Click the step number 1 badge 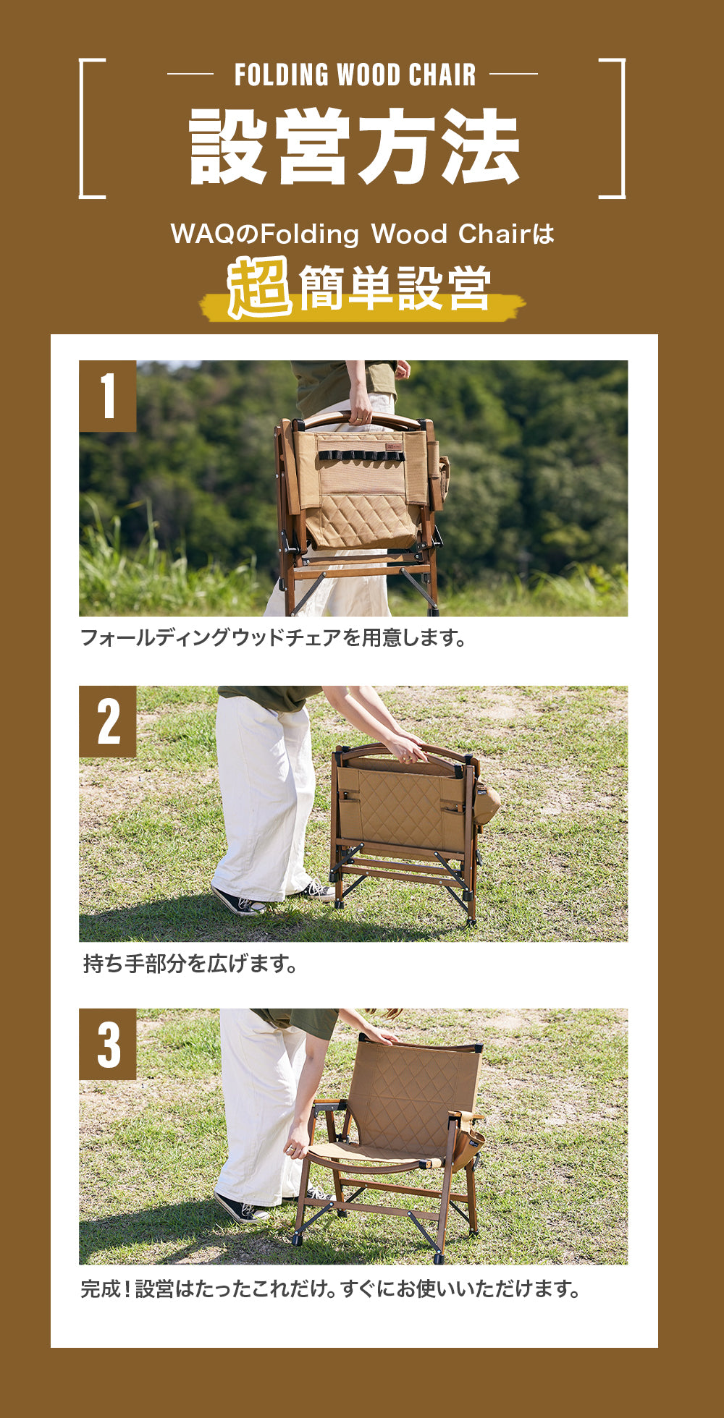point(108,396)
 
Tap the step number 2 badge point(108,721)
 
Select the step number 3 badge point(108,1044)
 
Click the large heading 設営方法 point(354,147)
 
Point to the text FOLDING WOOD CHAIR point(355,75)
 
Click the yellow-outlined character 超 point(259,288)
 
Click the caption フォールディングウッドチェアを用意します point(272,638)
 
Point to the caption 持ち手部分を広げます point(190,964)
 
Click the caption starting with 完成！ point(329,1289)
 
